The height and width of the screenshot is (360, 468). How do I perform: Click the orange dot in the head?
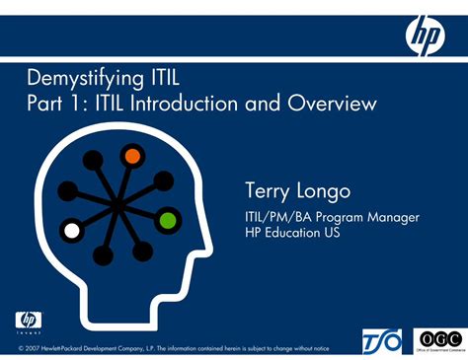pos(131,156)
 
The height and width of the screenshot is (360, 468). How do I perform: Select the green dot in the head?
pos(167,218)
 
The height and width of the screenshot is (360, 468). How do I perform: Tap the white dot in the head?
pos(71,231)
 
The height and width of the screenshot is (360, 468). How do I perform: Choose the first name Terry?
pos(269,189)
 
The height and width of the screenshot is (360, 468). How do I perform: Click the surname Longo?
pos(327,190)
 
